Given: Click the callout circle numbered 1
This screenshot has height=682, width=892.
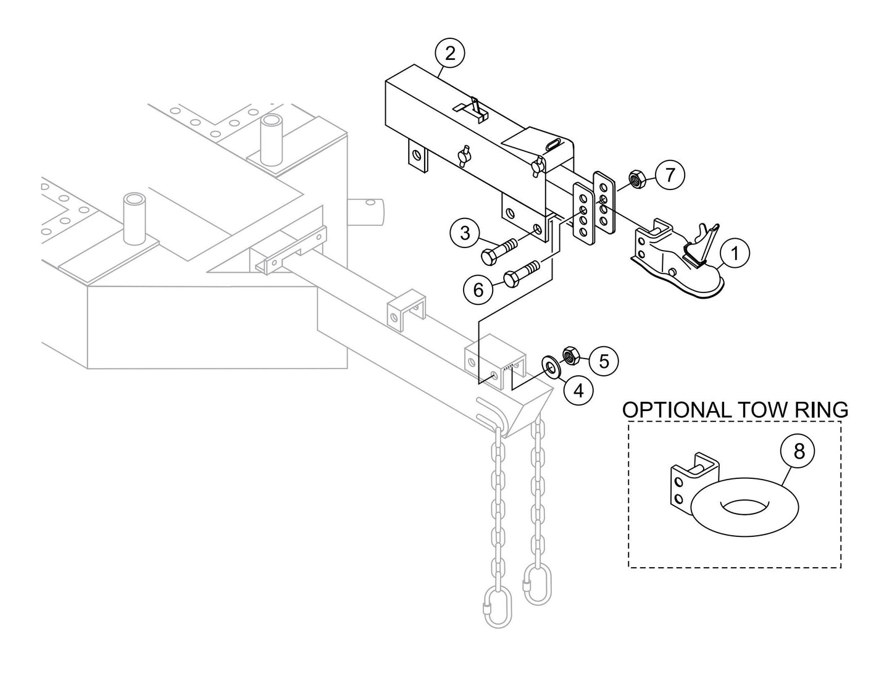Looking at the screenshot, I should tap(735, 253).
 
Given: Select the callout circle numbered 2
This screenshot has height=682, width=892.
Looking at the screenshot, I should tap(451, 53).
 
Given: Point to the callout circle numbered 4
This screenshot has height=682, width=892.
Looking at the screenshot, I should tap(578, 391).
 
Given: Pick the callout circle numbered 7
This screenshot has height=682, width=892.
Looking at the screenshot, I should tap(670, 175).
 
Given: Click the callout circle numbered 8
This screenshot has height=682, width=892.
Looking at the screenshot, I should tap(799, 452).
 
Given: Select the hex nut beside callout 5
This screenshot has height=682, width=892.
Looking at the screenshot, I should tap(570, 356).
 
